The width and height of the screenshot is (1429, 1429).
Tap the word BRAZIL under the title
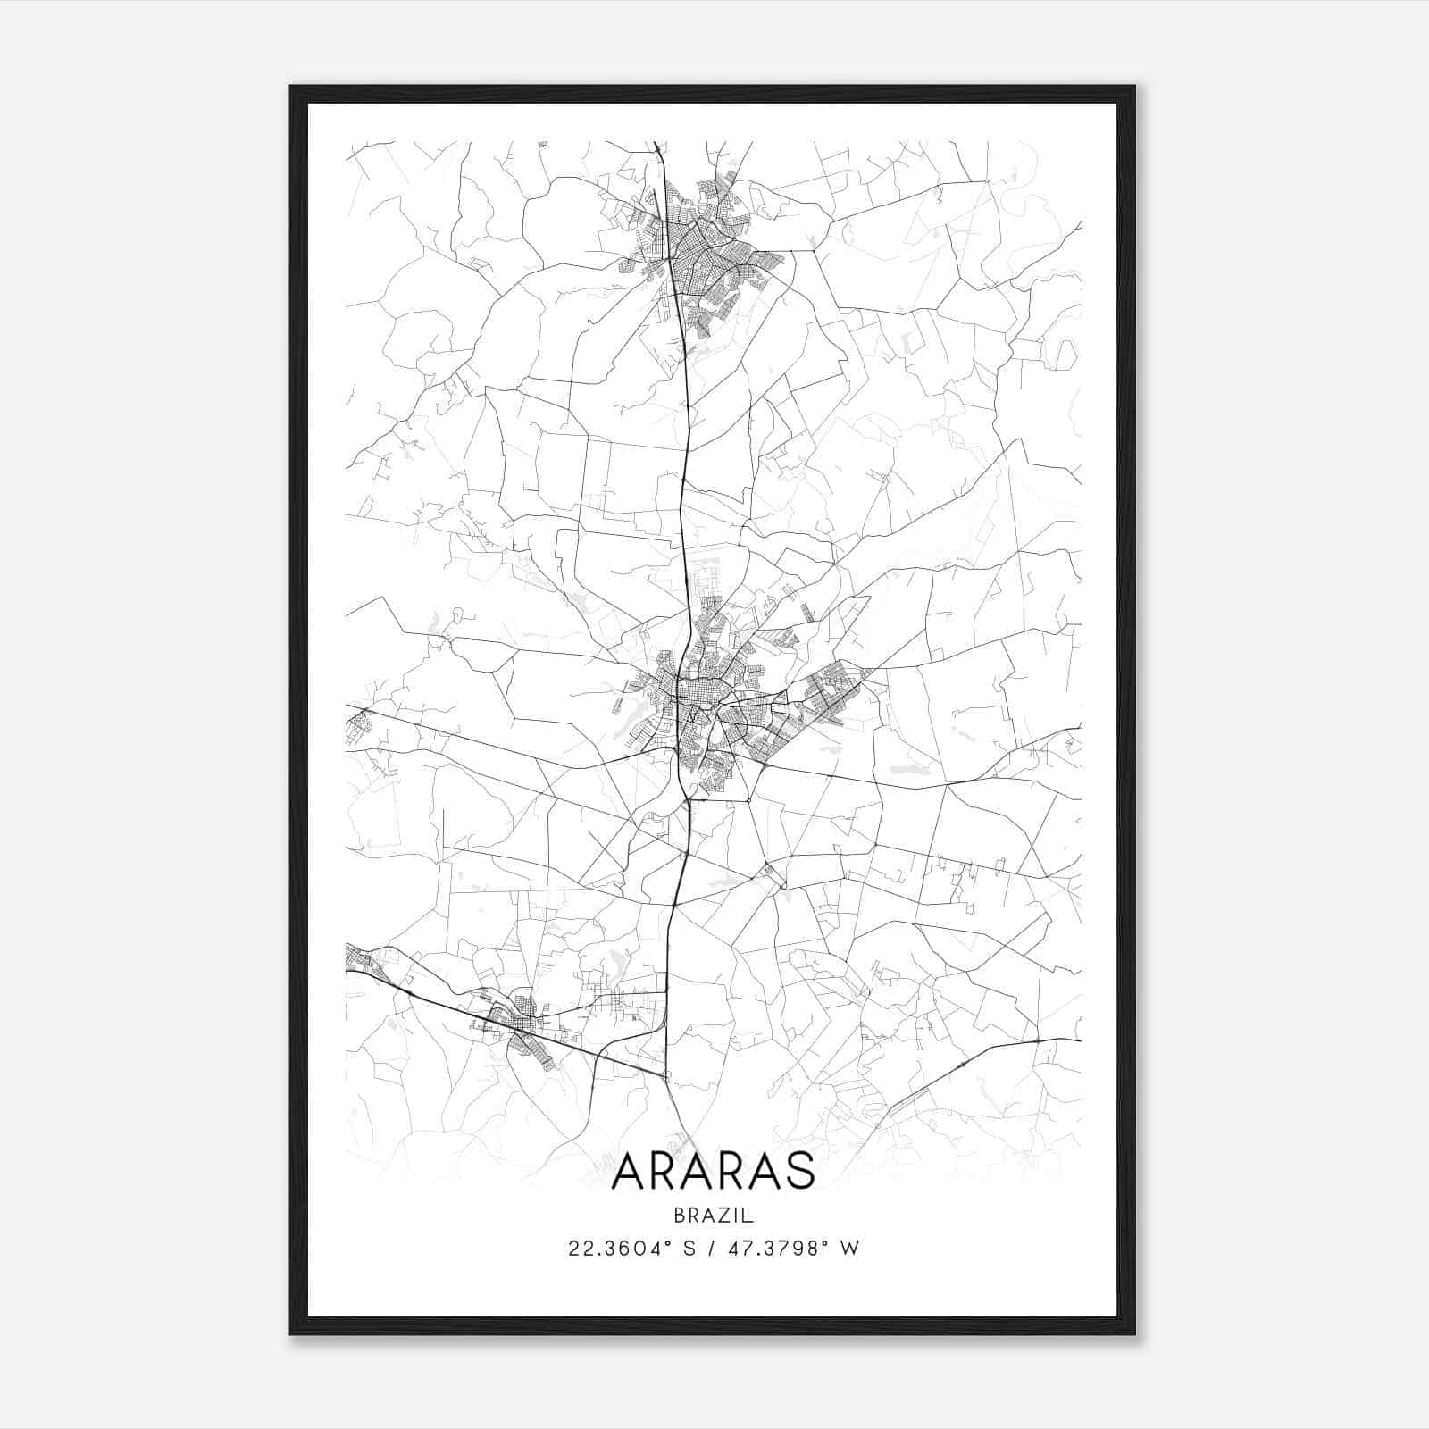714,1216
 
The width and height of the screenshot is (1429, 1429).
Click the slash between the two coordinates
713,1248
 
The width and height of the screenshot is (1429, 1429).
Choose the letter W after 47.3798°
850,1248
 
